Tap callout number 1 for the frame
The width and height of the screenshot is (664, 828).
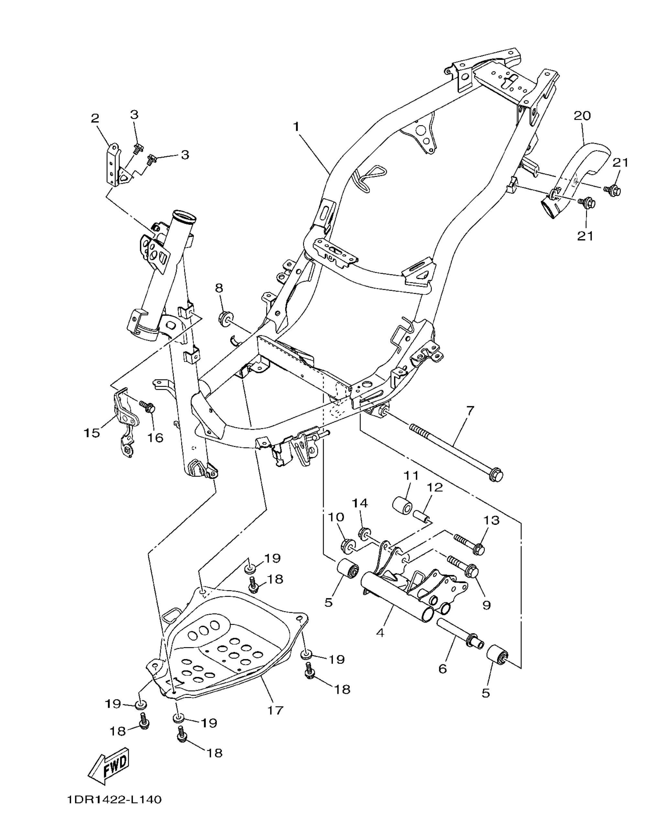[296, 127]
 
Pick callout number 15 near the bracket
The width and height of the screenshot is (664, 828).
[92, 433]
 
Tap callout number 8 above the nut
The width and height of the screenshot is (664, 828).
[219, 288]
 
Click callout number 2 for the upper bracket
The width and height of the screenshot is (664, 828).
[95, 118]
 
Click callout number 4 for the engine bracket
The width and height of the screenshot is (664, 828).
[380, 633]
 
